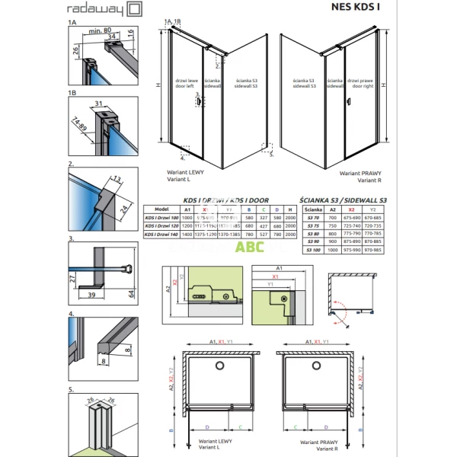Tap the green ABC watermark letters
point(250,246)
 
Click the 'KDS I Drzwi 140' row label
point(161,235)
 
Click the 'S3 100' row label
point(313,249)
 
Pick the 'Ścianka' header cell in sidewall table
point(313,207)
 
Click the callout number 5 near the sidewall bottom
point(272,154)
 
